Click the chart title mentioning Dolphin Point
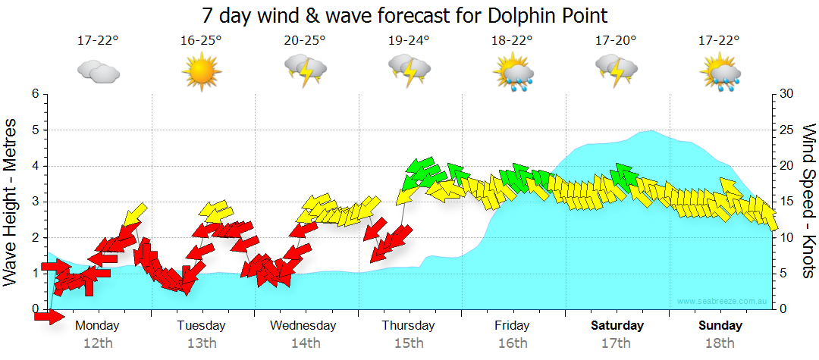[x=405, y=15]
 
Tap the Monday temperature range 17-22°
[x=99, y=41]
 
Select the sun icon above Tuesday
[x=202, y=71]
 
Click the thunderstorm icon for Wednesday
[x=305, y=71]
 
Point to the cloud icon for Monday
[x=99, y=72]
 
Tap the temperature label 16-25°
[x=202, y=41]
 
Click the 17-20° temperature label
[x=616, y=41]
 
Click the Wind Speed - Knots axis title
[x=808, y=201]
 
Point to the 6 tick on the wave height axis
[x=34, y=94]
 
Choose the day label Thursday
[x=408, y=326]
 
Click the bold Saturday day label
[x=617, y=326]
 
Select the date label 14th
[x=305, y=343]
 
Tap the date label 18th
[x=720, y=343]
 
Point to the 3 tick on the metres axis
[x=34, y=202]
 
